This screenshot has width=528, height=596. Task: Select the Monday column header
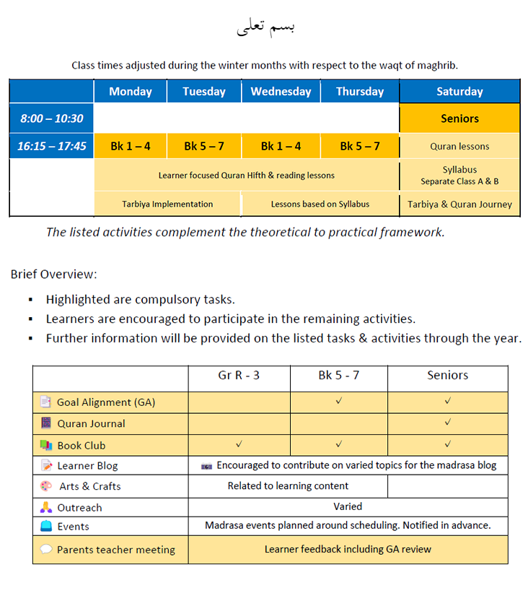131,92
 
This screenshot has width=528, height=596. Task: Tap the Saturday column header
459,92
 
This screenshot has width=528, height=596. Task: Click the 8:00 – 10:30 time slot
52,118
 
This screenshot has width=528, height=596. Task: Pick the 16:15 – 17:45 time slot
52,146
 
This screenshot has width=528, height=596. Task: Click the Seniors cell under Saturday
459,118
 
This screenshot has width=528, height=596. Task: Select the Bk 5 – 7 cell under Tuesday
204,146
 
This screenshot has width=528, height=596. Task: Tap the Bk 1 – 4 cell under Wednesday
281,146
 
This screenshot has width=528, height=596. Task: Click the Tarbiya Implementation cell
167,204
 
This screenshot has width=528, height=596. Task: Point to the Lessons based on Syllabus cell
320,204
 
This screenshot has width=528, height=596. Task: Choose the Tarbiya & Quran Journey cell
459,204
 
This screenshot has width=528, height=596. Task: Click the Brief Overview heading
54,275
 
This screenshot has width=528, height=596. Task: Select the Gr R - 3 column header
239,376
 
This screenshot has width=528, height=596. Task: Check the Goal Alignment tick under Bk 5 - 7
339,400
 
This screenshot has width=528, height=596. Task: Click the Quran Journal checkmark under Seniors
448,422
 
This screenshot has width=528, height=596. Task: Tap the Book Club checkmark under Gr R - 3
239,444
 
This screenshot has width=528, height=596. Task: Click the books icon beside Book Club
46,445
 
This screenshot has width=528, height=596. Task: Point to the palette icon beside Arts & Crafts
46,486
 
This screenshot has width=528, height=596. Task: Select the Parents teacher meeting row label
116,550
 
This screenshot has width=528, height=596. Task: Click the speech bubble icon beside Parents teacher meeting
46,550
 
